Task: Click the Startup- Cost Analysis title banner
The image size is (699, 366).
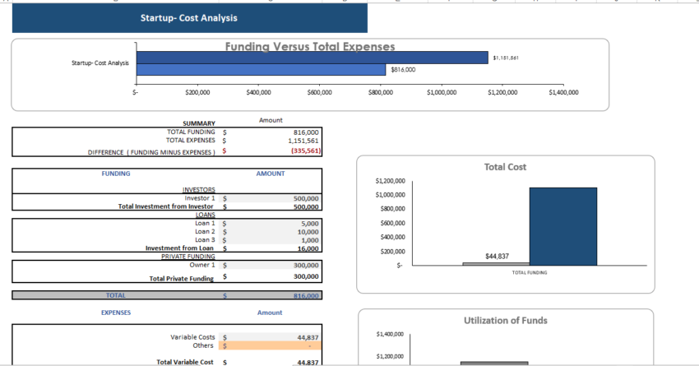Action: click(189, 17)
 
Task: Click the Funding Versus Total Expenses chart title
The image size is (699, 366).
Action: click(310, 47)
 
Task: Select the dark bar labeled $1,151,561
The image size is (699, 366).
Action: click(312, 58)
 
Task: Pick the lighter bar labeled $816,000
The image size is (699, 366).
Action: click(261, 70)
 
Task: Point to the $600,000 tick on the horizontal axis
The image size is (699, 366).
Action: click(319, 93)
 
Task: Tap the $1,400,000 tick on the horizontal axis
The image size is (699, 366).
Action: click(563, 93)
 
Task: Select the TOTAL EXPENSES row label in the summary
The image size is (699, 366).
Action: click(191, 141)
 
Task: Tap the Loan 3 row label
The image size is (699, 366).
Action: click(205, 240)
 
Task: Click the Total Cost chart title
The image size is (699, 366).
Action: click(505, 167)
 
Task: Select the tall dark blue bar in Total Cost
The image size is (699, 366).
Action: click(562, 226)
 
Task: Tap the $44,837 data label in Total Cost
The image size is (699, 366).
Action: click(497, 257)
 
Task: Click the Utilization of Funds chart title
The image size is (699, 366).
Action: click(505, 320)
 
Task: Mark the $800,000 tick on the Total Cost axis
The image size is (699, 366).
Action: click(390, 209)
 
